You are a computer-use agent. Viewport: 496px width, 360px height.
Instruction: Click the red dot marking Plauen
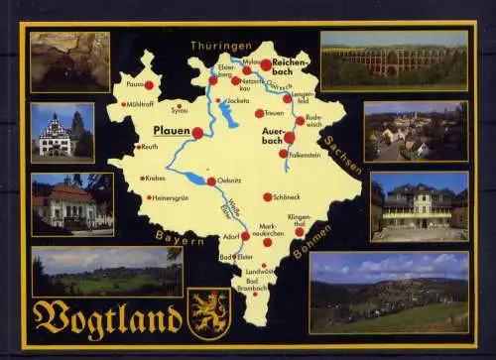(x=197, y=132)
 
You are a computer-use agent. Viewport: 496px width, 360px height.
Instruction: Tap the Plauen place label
(x=170, y=130)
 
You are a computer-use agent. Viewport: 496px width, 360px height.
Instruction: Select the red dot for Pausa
(x=149, y=85)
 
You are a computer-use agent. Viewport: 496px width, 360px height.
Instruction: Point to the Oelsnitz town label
(x=231, y=180)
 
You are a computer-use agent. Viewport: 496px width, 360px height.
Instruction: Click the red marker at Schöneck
(x=267, y=196)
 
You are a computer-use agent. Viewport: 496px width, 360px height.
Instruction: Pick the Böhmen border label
(x=312, y=239)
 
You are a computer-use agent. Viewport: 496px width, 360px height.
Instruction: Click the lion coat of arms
(x=209, y=312)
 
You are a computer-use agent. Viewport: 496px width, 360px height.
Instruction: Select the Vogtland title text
(x=107, y=318)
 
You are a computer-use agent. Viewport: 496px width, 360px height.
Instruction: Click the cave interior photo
(x=69, y=61)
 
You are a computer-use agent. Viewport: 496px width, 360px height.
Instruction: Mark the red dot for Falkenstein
(x=284, y=154)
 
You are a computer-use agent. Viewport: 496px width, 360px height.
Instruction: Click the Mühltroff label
(x=140, y=103)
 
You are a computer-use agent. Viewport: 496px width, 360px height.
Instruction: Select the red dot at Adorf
(x=245, y=236)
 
